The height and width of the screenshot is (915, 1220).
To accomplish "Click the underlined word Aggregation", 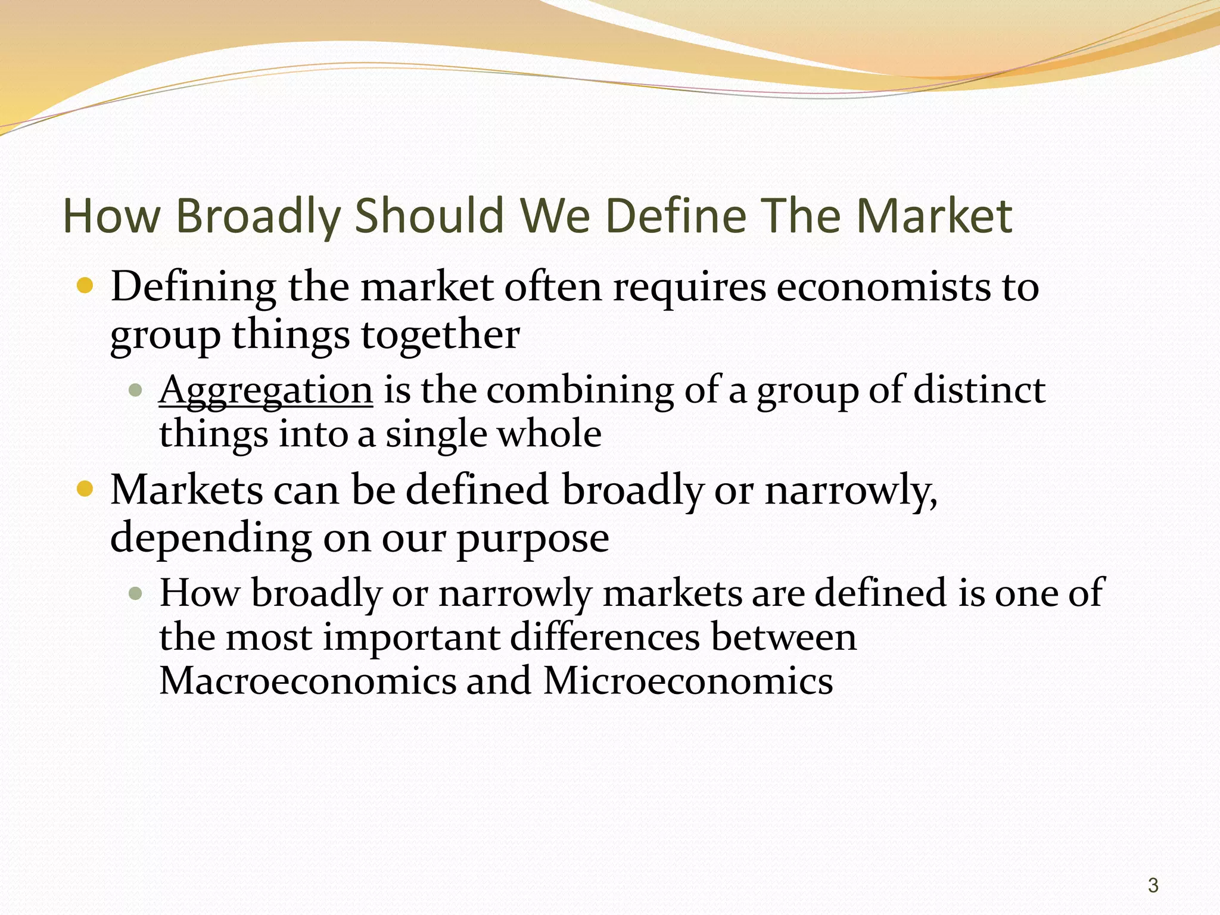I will (266, 391).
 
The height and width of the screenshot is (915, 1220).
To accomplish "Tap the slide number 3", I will (1153, 885).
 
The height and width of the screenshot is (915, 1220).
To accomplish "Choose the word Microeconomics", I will (688, 680).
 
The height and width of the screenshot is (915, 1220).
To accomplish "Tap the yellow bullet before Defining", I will (86, 286).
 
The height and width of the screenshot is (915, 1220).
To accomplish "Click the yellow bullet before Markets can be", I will (86, 490).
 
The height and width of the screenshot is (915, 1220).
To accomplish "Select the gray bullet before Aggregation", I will (136, 391).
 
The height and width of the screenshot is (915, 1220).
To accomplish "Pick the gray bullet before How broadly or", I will (136, 593).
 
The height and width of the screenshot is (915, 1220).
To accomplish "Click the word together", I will (440, 335).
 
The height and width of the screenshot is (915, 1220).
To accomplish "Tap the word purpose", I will (533, 540).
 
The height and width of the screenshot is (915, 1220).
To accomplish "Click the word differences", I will (605, 637).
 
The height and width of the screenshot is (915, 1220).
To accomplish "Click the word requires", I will (690, 288).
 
